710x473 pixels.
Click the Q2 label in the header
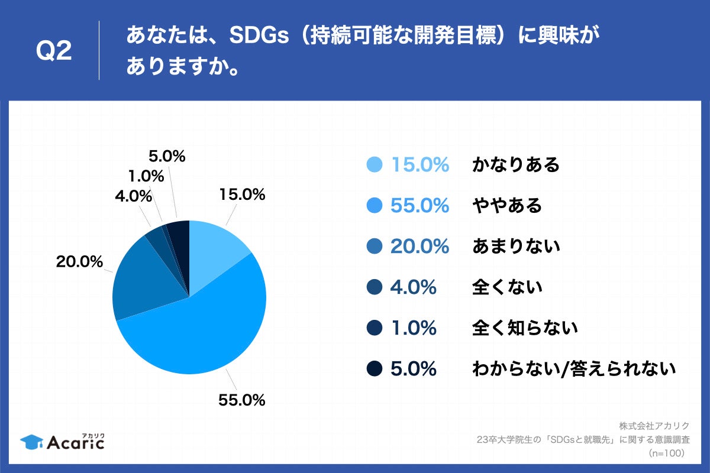[x=54, y=52]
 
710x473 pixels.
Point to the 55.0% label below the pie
[x=241, y=400]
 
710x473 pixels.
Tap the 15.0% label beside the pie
[x=241, y=195]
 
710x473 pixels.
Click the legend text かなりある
[x=515, y=165]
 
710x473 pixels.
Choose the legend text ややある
[x=506, y=206]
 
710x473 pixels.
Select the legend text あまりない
[x=515, y=247]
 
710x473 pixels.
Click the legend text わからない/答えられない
[x=573, y=369]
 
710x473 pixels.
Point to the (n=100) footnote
[x=667, y=453]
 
